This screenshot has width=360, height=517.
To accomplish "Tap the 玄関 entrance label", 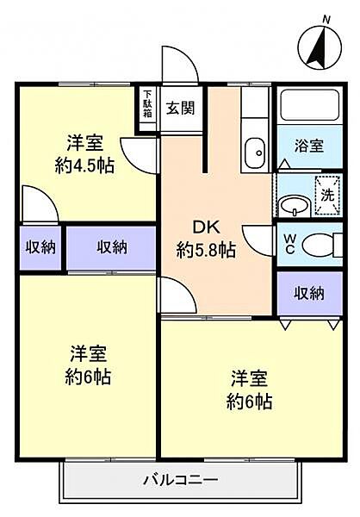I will (x=180, y=109).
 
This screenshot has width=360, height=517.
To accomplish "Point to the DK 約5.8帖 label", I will (x=207, y=240).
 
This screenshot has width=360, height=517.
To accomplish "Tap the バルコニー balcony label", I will (x=180, y=480).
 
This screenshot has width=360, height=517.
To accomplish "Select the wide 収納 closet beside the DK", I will (x=112, y=247).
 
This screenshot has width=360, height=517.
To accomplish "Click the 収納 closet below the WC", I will (x=310, y=294).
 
